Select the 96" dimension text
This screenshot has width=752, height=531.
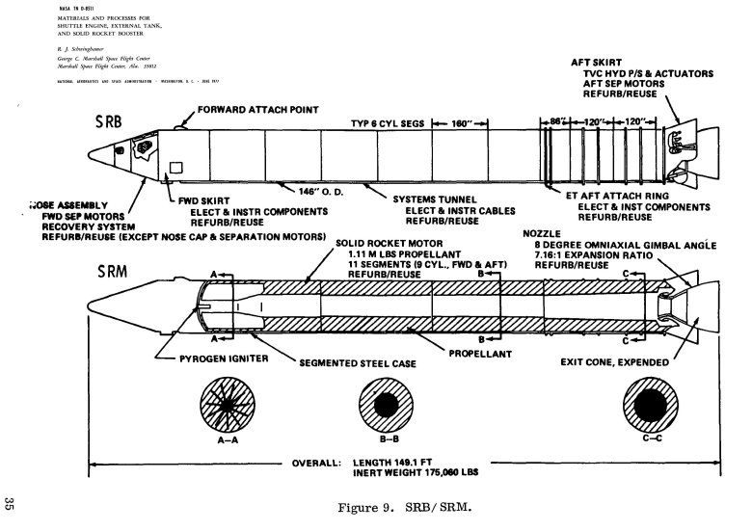pos(555,123)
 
